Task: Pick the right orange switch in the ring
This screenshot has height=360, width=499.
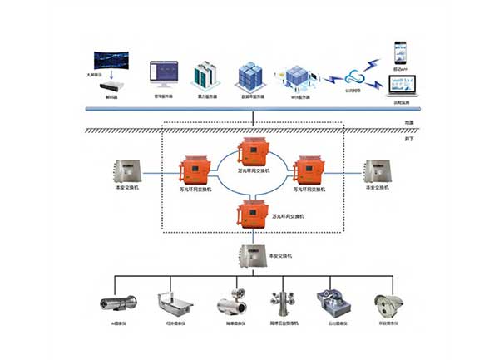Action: [x=307, y=171]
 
